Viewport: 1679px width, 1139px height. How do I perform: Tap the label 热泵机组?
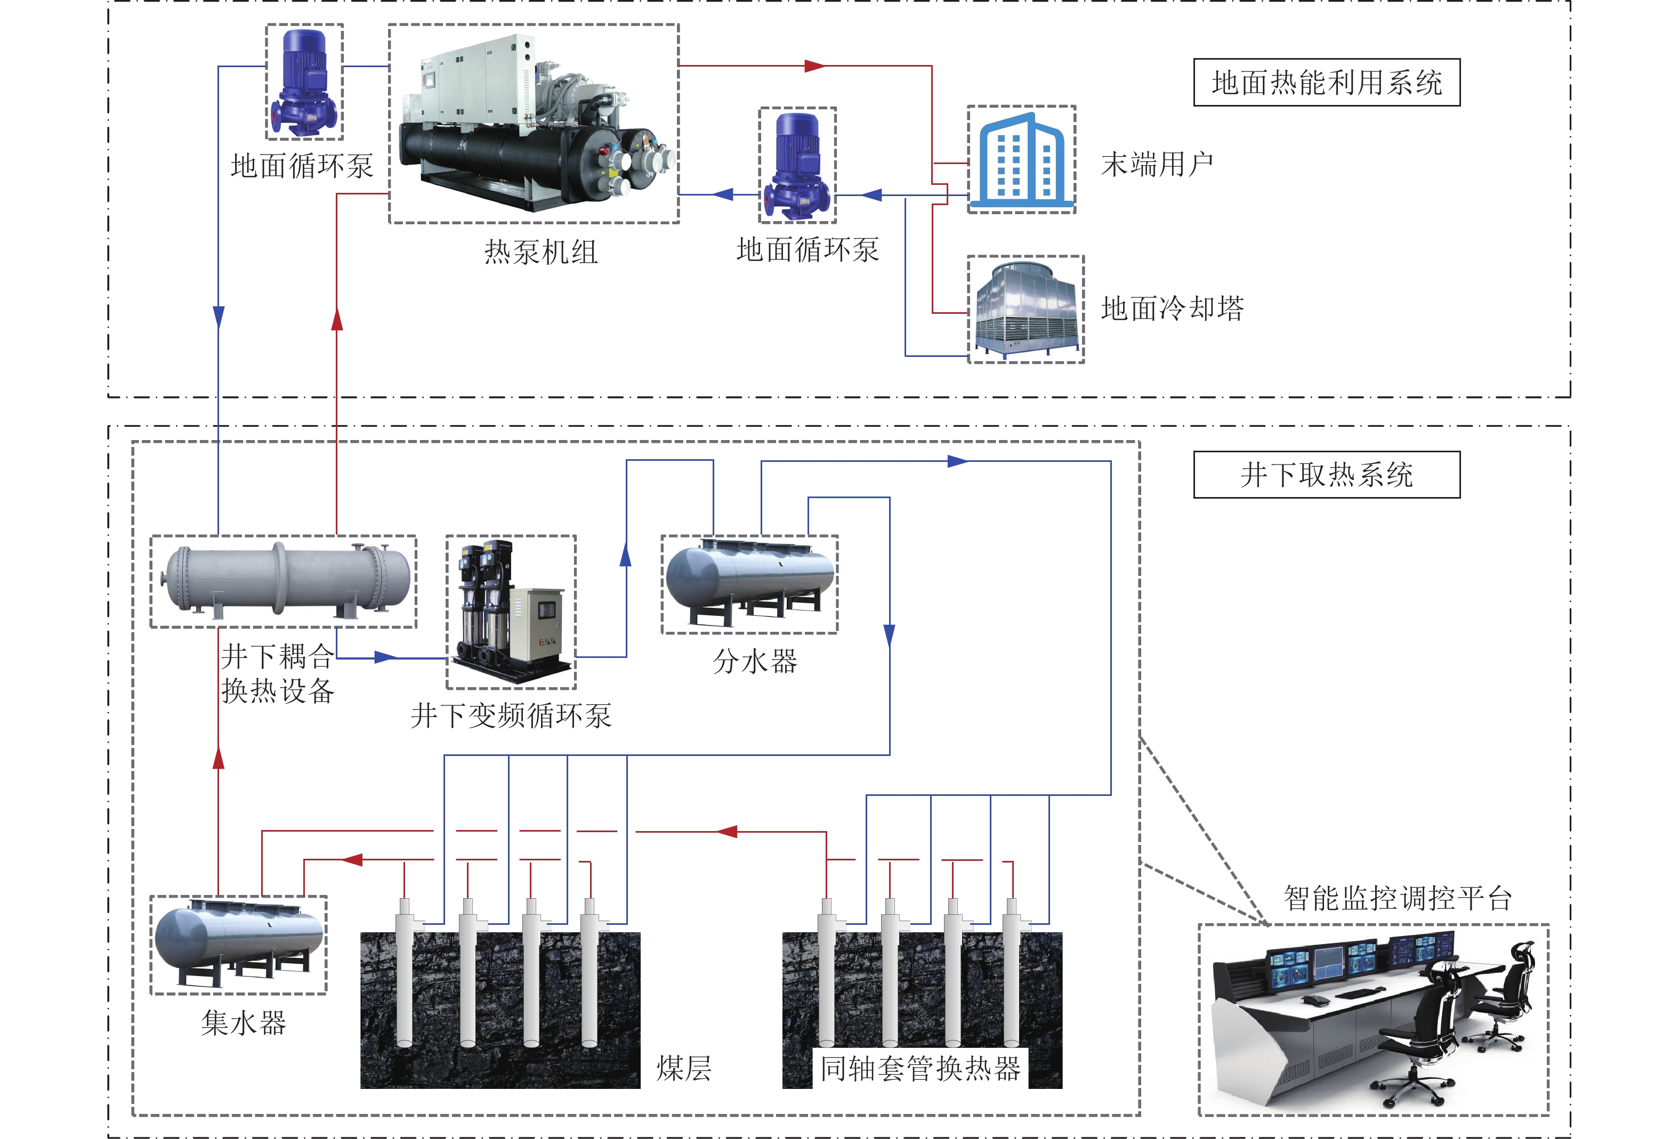[x=540, y=252]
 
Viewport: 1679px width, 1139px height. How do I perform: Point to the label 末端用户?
[x=1157, y=164]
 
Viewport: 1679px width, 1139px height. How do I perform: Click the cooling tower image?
[x=1025, y=309]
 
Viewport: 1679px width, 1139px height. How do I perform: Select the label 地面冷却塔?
[x=1172, y=308]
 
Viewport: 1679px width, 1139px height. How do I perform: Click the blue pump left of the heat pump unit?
[x=304, y=81]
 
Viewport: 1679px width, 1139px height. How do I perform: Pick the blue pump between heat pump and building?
[x=797, y=165]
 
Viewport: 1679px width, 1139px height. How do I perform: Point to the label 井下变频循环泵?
[x=511, y=716]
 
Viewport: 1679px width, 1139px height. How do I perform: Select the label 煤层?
[x=683, y=1068]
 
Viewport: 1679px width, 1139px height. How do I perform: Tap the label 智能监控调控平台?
[x=1397, y=898]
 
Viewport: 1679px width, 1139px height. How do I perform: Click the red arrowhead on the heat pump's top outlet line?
[x=815, y=66]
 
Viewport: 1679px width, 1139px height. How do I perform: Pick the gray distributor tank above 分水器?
[x=749, y=579]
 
